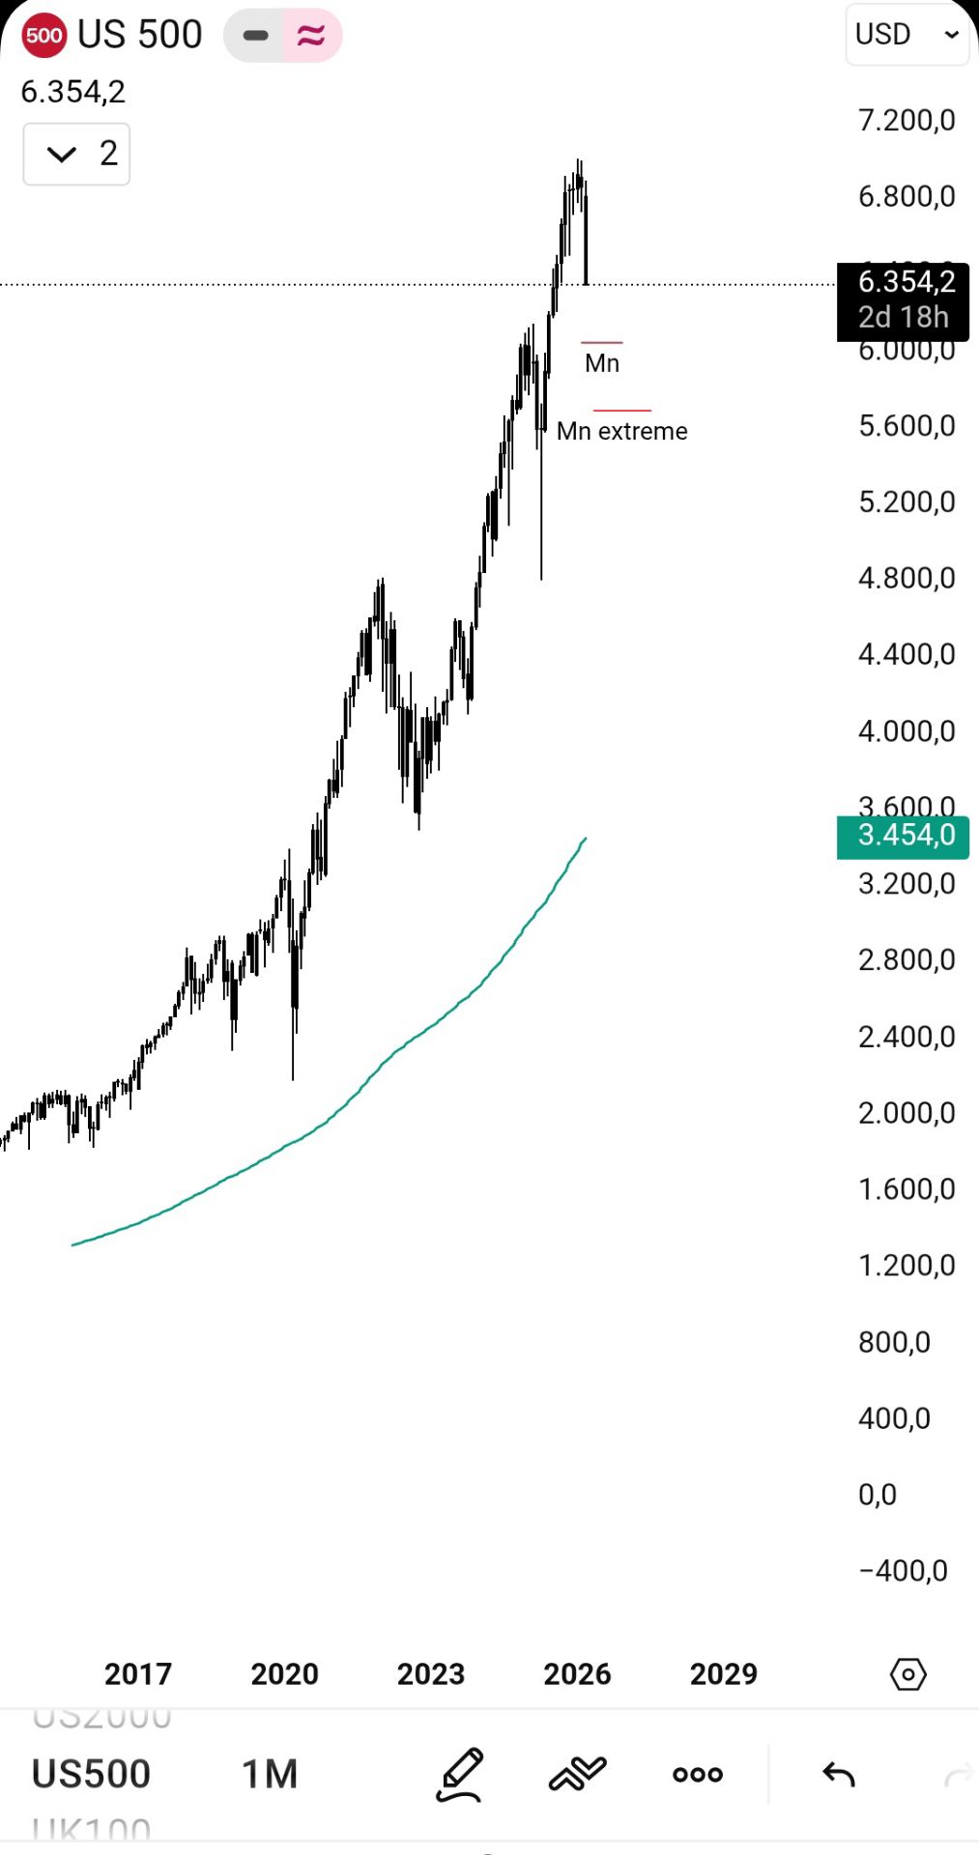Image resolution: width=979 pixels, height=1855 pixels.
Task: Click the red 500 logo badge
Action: click(x=43, y=36)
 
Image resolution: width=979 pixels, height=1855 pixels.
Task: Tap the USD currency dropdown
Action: click(x=907, y=35)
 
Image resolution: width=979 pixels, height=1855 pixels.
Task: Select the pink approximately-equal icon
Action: click(x=311, y=36)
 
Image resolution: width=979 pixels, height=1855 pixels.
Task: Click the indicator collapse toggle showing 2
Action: click(x=77, y=154)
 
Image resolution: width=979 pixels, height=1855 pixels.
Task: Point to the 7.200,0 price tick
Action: click(x=906, y=120)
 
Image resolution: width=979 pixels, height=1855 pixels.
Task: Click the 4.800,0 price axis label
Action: click(x=906, y=578)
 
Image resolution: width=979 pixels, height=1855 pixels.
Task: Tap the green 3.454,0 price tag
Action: click(x=903, y=835)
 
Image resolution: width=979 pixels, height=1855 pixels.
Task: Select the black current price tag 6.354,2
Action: click(x=903, y=300)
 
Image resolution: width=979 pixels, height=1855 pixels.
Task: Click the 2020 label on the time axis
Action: click(x=284, y=1673)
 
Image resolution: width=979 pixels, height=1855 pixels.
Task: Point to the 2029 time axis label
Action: click(x=723, y=1673)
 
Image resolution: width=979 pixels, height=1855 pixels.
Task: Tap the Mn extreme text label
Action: click(x=621, y=431)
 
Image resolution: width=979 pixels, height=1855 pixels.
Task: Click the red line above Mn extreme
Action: click(x=621, y=411)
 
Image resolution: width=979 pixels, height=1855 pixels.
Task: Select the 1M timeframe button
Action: click(x=270, y=1774)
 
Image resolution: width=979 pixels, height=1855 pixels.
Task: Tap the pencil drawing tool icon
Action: click(x=460, y=1774)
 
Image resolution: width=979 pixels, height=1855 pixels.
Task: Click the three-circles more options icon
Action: click(x=698, y=1774)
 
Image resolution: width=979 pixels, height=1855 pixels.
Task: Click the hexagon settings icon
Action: click(x=907, y=1673)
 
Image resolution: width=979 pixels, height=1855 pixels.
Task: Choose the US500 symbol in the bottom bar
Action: click(x=91, y=1774)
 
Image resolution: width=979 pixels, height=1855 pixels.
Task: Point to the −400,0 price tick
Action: click(x=903, y=1570)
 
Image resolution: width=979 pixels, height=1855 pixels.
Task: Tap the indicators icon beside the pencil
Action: click(x=577, y=1774)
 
